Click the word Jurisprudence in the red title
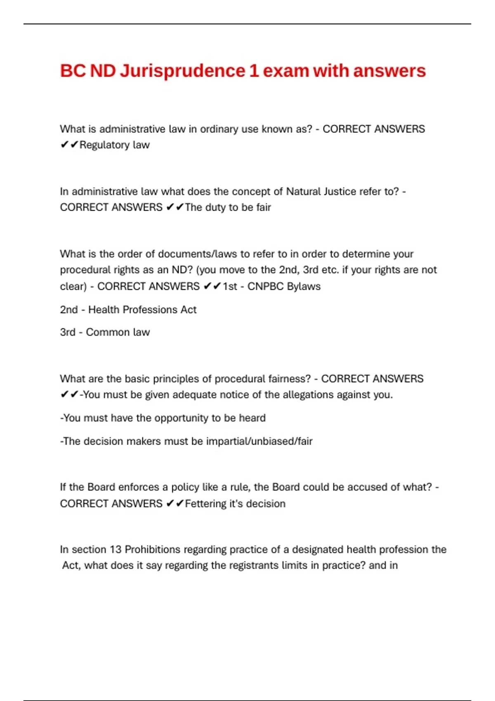tap(182, 71)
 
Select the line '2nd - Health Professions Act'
tap(128, 310)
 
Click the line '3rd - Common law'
tap(105, 332)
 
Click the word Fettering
tap(205, 504)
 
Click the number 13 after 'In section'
tap(115, 550)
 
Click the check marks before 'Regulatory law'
tap(69, 145)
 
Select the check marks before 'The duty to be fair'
tap(175, 207)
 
